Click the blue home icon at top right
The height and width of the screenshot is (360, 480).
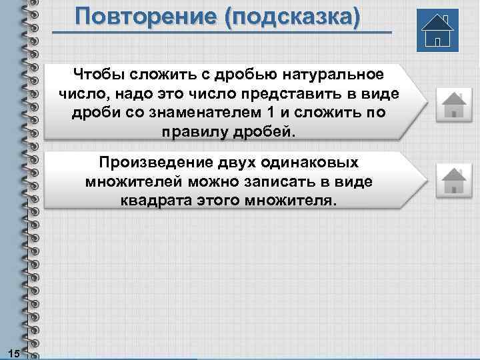439,31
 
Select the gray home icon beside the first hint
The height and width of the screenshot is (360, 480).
453,105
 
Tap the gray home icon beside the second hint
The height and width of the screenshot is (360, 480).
453,180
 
